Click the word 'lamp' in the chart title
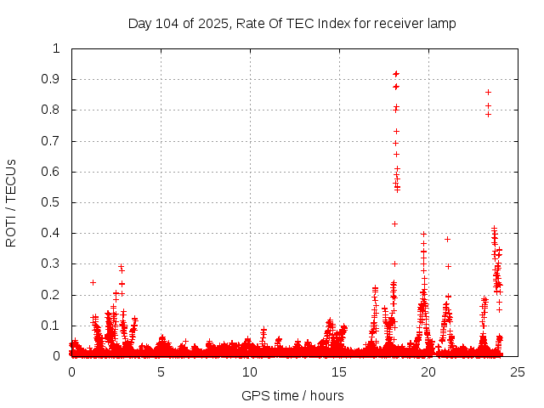coord(442,24)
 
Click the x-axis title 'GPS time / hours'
coord(292,395)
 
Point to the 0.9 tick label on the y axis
coord(53,79)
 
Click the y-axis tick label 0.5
coord(53,202)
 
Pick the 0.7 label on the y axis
coord(53,141)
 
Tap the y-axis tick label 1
coord(57,48)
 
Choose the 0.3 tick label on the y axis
coord(53,263)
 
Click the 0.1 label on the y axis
coord(53,326)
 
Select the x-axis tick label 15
coord(339,371)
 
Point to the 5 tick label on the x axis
coord(161,371)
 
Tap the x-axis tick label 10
coord(250,371)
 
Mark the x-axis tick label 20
coord(428,371)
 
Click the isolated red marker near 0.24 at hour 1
coord(93,282)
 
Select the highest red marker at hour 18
coord(396,73)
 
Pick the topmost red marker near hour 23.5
coord(488,92)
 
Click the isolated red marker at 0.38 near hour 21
coord(447,239)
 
